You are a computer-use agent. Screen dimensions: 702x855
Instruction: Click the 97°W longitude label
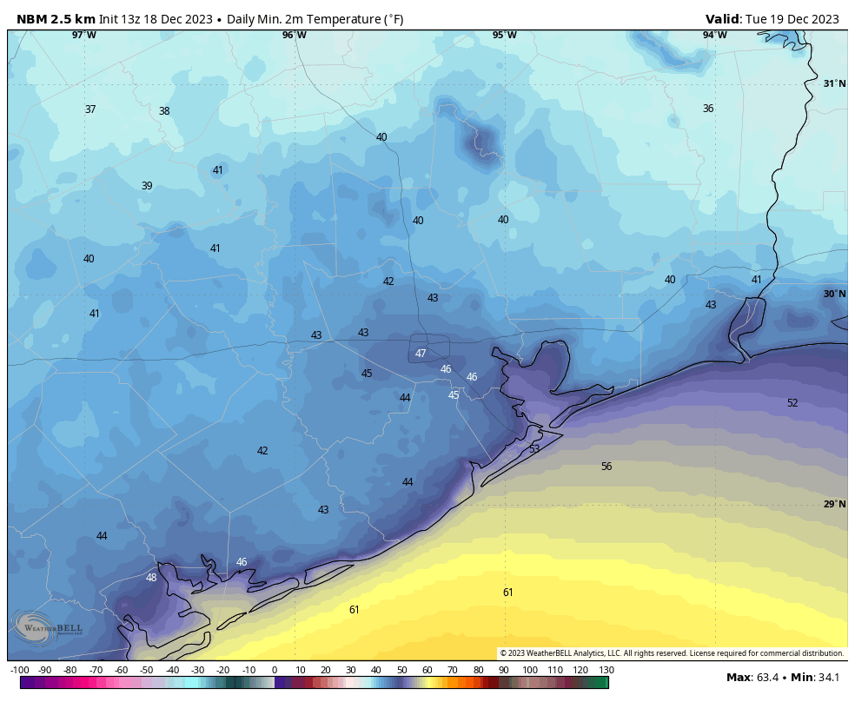(x=84, y=35)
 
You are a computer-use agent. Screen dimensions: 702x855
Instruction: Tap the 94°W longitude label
(x=714, y=35)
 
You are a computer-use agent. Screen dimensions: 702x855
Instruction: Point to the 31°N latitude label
(x=834, y=83)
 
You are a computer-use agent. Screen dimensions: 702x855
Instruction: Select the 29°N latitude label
(x=834, y=504)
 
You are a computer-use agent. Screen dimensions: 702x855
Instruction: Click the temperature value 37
(x=90, y=109)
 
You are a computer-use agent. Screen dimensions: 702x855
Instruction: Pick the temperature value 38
(x=164, y=111)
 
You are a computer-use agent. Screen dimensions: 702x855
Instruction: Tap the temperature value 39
(x=147, y=186)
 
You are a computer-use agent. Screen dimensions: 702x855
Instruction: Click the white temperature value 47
(x=421, y=354)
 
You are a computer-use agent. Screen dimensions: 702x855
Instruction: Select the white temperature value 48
(x=151, y=578)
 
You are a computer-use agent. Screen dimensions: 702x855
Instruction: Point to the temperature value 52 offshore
(x=792, y=403)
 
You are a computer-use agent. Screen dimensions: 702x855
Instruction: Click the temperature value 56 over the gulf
(x=606, y=467)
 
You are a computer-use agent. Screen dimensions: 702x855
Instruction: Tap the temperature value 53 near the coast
(x=534, y=449)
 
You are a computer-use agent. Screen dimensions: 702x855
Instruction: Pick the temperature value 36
(x=708, y=109)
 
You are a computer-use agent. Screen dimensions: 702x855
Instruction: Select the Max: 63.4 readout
(x=754, y=677)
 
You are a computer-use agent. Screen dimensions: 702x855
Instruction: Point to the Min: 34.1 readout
(x=817, y=677)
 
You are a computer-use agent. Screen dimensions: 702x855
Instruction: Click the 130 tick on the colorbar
(x=606, y=670)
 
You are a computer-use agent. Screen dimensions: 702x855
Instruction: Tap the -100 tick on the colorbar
(x=20, y=670)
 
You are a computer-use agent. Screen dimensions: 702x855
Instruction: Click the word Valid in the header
(x=723, y=19)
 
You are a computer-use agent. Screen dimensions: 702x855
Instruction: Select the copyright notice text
(x=672, y=653)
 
